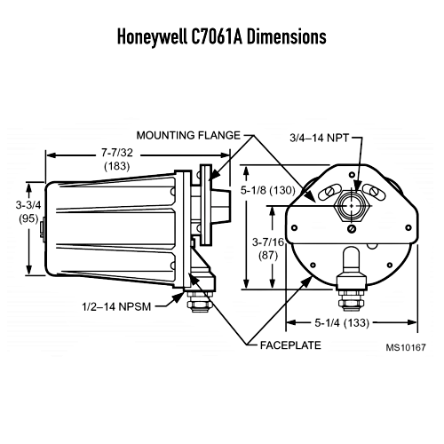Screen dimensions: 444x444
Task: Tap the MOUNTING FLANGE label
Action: pyautogui.click(x=187, y=134)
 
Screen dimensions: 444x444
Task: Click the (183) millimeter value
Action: pyautogui.click(x=116, y=167)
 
